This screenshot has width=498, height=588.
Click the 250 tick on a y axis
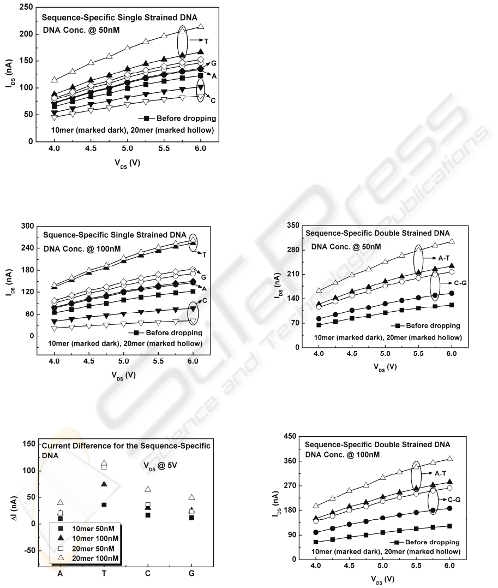point(23,7)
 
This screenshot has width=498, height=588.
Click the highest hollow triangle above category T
point(104,462)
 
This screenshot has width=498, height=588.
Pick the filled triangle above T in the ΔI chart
point(104,484)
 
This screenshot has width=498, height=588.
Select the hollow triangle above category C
point(147,489)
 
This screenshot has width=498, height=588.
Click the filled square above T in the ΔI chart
point(104,504)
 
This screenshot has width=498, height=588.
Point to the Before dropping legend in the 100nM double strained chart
point(431,542)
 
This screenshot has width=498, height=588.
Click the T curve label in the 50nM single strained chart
point(206,40)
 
